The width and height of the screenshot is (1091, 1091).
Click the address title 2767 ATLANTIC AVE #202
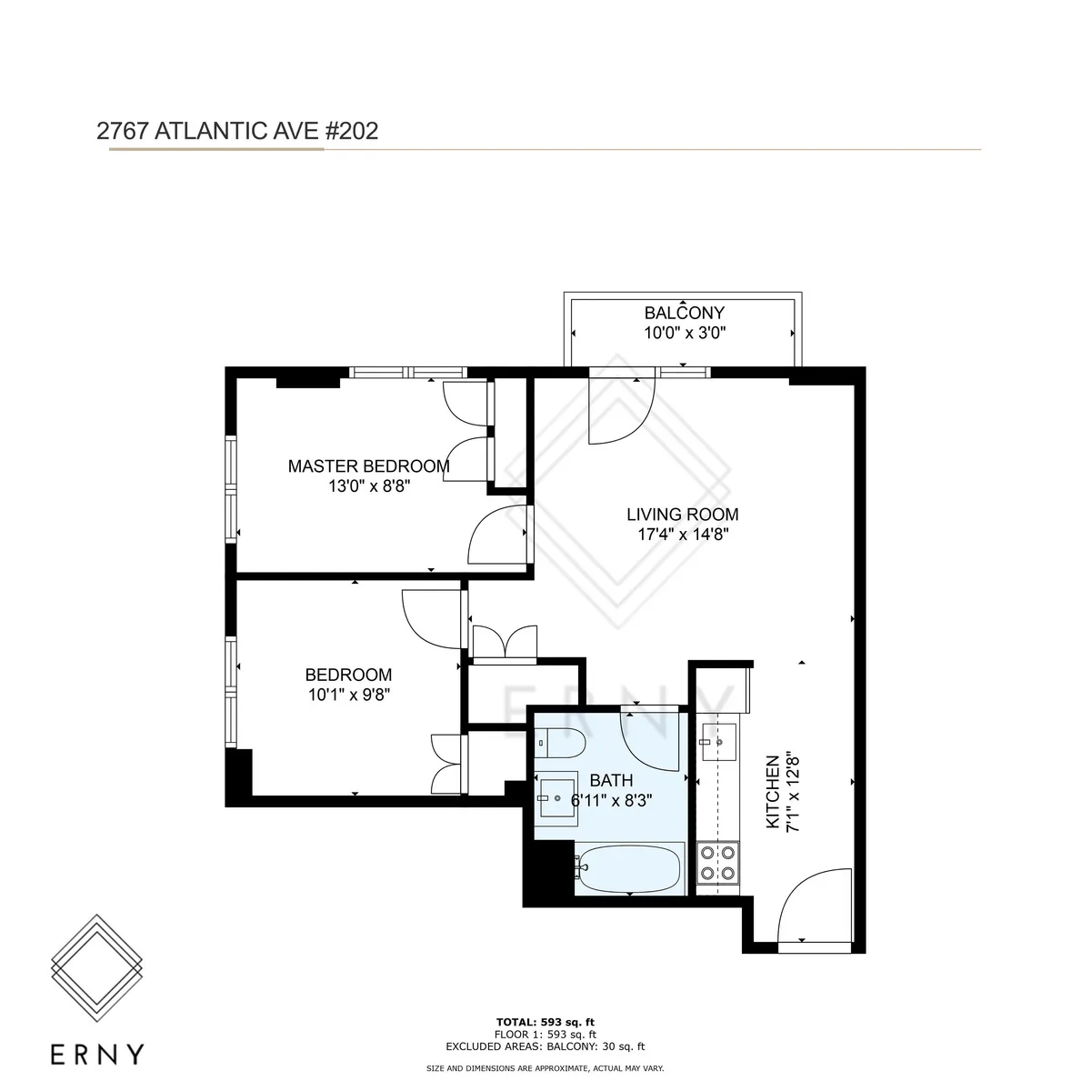[x=237, y=131]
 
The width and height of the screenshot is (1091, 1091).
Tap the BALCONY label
[x=684, y=314]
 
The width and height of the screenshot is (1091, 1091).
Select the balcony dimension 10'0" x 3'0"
[x=684, y=333]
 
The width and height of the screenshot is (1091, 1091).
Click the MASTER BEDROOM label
[x=368, y=466]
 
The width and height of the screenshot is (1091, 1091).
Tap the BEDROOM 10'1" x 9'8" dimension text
[x=348, y=695]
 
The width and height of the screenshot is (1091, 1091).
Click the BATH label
[x=611, y=780]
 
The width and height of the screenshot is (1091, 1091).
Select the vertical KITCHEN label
[x=772, y=791]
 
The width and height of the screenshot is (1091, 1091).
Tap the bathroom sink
[x=556, y=798]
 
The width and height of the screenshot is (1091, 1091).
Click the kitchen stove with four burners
[x=718, y=863]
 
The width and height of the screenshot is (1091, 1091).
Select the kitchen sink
[x=718, y=741]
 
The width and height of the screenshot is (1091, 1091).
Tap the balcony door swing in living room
[x=618, y=409]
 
